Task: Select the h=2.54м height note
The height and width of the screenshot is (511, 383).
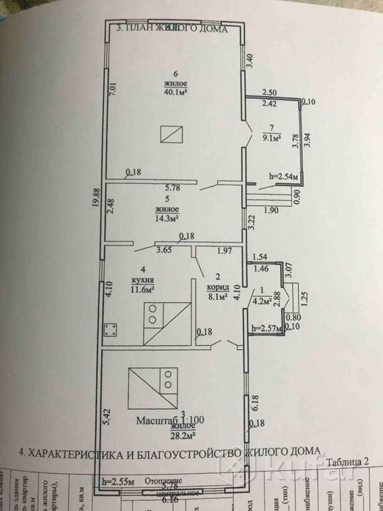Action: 283,177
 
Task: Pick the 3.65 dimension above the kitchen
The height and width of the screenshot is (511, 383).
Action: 164,251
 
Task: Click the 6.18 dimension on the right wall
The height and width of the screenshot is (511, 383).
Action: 255,403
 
